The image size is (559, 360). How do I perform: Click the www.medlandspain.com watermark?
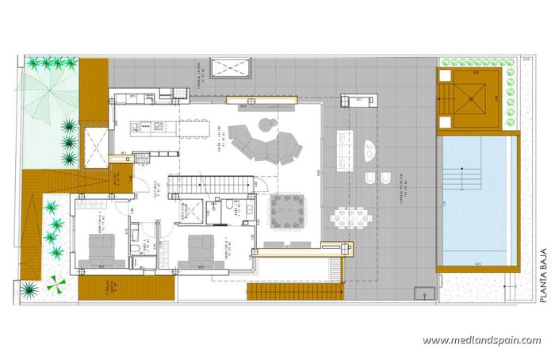click(x=481, y=340)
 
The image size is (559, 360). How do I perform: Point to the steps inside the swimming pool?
click(x=459, y=174)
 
